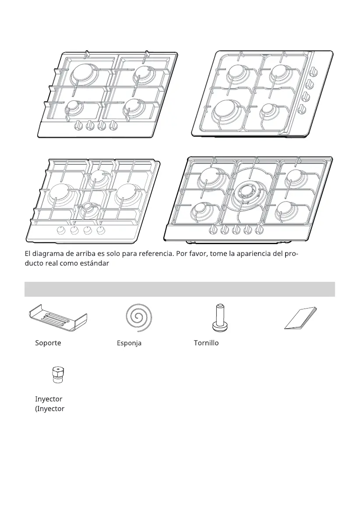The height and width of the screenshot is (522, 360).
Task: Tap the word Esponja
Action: (x=129, y=343)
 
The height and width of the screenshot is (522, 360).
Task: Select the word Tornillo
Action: (x=206, y=343)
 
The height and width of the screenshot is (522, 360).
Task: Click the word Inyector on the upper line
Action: (x=49, y=399)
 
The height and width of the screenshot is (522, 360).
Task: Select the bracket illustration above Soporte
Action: (x=57, y=319)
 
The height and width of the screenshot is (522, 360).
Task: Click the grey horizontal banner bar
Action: (x=180, y=289)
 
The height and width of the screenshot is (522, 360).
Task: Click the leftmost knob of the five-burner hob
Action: (x=213, y=229)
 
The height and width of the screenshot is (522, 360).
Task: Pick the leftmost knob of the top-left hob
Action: (x=79, y=125)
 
